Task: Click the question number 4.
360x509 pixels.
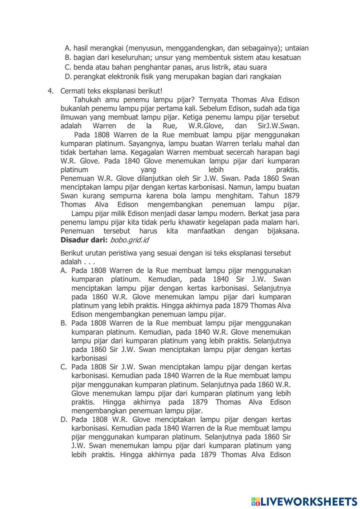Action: (x=50, y=91)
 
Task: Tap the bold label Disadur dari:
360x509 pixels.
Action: (x=84, y=240)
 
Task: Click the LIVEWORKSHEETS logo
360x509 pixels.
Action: (x=304, y=501)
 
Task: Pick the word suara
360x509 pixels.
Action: (x=258, y=67)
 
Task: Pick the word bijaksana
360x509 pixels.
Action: (x=283, y=231)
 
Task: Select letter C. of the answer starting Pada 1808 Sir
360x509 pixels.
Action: (x=64, y=367)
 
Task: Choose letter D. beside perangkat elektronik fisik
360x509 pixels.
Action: (x=68, y=77)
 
